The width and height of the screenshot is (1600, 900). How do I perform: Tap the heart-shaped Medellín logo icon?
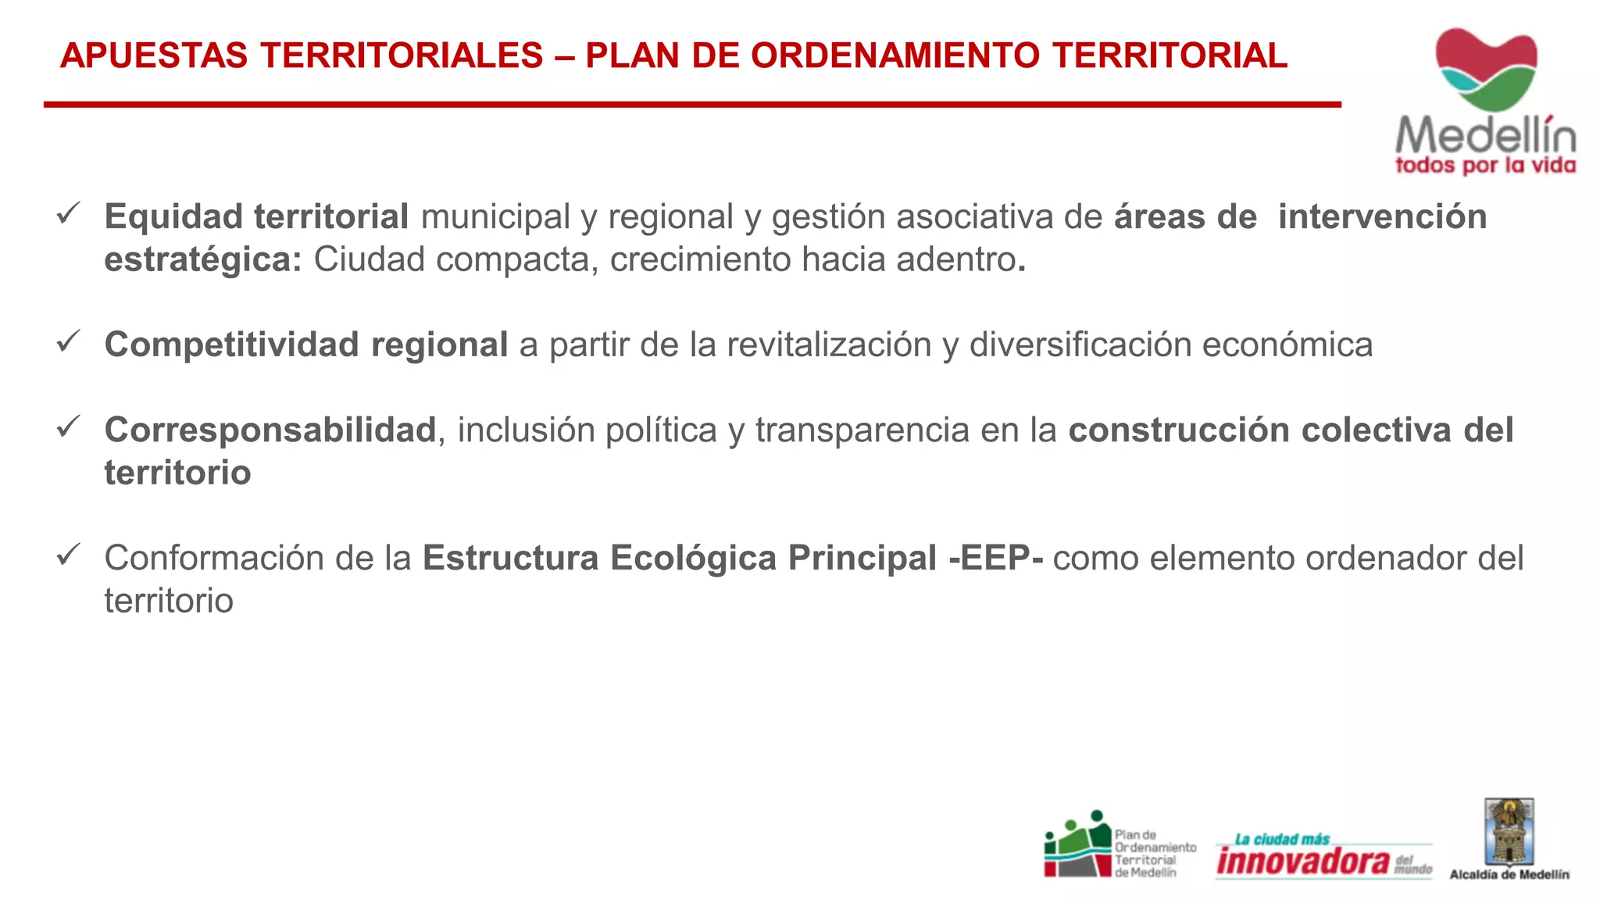click(x=1486, y=69)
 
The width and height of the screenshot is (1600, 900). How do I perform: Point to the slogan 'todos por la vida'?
click(x=1485, y=166)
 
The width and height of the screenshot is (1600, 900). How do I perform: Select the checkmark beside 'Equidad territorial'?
click(x=69, y=213)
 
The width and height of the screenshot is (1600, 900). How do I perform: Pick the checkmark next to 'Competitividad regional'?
click(x=69, y=341)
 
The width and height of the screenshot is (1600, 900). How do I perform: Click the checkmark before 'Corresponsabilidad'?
click(x=69, y=427)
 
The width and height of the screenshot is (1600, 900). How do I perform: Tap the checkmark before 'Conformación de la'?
click(x=69, y=555)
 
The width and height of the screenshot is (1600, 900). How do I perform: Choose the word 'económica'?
click(x=1287, y=345)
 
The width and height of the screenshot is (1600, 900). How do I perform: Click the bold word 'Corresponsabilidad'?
click(x=270, y=430)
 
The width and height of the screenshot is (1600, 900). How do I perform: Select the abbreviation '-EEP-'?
click(x=995, y=559)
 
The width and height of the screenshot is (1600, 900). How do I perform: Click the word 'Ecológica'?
click(x=693, y=559)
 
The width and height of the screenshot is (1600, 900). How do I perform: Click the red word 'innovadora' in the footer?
click(x=1303, y=861)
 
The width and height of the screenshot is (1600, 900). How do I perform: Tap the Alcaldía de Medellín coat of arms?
click(x=1509, y=831)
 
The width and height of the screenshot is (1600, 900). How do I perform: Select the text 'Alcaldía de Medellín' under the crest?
click(x=1509, y=875)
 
